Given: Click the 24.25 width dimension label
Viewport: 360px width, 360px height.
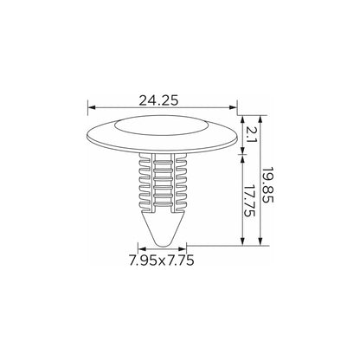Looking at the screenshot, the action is point(158,100).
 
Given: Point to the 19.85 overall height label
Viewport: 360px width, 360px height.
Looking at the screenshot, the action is point(267,184).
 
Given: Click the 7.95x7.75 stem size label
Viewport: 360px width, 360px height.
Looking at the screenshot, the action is point(162,260).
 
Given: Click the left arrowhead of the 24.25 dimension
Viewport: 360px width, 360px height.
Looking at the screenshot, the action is point(92,107).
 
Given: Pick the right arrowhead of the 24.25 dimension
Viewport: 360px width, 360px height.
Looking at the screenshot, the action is point(233,107).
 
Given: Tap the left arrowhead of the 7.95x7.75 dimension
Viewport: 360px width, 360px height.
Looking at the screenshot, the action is point(142,249).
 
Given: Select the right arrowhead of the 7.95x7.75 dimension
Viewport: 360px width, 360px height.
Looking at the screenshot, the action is point(183,249).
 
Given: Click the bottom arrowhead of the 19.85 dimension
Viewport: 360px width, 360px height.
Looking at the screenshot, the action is point(260,241).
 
